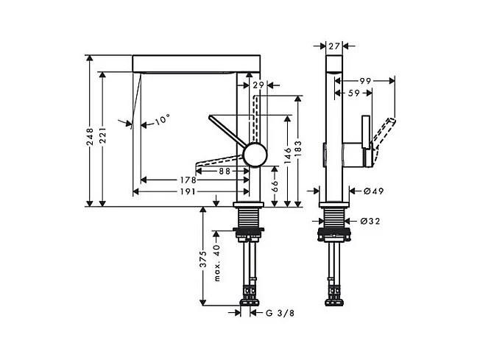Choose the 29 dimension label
[258, 86]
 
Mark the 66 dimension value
[275, 185]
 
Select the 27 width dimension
[333, 46]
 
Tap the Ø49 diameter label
[375, 192]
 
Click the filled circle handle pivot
[255, 155]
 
